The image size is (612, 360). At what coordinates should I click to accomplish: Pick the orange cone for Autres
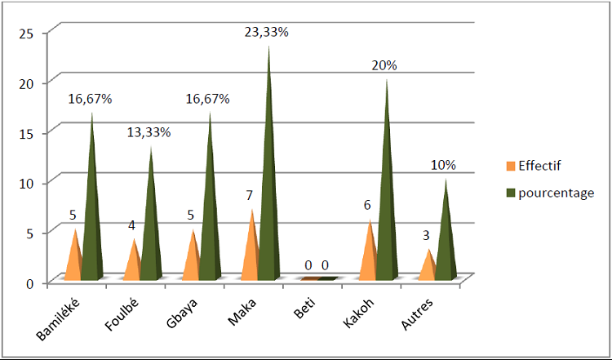(x=427, y=268)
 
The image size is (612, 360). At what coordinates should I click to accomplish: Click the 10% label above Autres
(x=444, y=165)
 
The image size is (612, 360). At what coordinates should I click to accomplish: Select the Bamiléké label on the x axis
(x=57, y=318)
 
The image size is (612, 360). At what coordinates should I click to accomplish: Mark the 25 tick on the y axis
(x=27, y=33)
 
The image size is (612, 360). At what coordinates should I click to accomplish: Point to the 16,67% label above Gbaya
(x=208, y=99)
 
